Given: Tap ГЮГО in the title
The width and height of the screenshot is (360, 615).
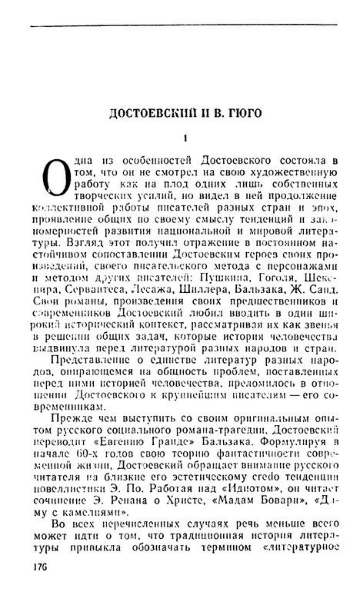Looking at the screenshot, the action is tap(241, 113).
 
